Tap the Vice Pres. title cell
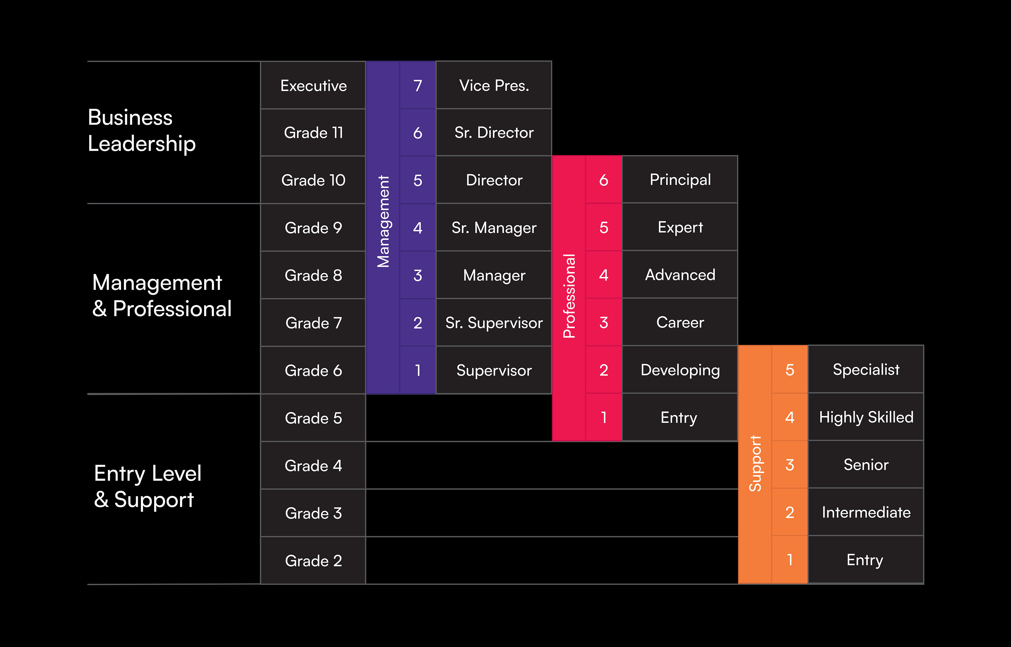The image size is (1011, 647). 494,86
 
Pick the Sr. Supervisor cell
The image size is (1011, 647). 494,323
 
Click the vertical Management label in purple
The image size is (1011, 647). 383,221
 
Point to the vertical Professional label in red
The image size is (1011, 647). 569,296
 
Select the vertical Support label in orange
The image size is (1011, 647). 755,464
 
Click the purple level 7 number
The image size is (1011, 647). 417,86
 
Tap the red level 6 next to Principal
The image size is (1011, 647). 603,180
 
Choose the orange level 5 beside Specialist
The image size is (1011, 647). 790,370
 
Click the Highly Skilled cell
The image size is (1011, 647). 866,417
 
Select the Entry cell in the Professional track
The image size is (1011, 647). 679,418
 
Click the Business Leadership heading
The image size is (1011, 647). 142,130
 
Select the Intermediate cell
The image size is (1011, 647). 866,512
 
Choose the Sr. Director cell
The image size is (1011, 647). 494,133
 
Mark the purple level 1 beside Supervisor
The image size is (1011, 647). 417,370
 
